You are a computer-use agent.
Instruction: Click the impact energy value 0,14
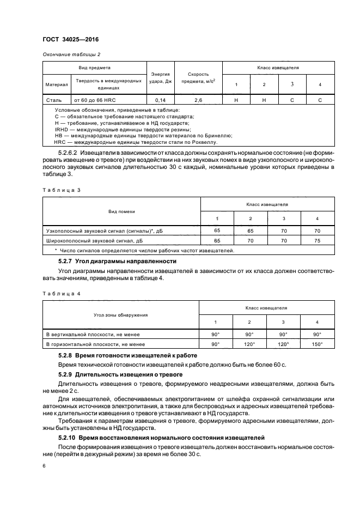coord(160,100)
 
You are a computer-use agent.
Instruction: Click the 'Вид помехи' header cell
coord(121,210)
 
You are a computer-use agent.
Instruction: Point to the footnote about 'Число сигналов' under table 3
coord(145,250)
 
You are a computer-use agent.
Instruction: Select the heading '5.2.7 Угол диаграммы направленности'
coord(114,262)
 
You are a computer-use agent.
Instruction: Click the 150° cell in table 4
coord(317,344)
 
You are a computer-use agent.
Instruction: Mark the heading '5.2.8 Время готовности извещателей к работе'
coord(127,355)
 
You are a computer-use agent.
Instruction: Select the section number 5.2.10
coord(66,438)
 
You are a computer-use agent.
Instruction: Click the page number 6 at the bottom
coord(44,466)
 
